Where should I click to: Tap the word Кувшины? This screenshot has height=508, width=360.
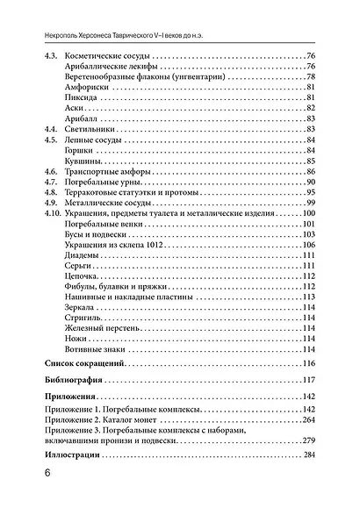pyautogui.click(x=82, y=161)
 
